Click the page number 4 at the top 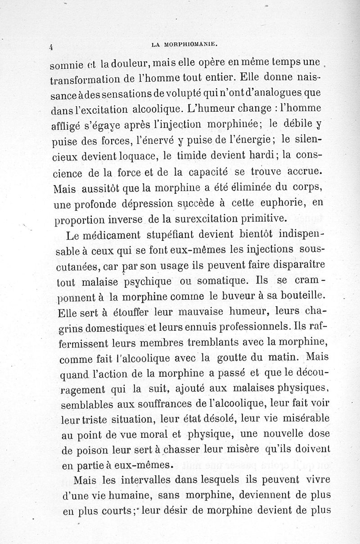[52, 46]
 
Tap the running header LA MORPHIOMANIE [185, 44]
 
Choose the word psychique [146, 282]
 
